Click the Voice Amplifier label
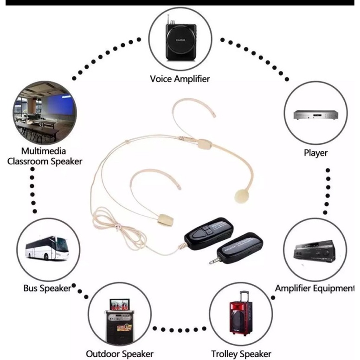(180, 78)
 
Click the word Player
(315, 153)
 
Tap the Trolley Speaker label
(241, 354)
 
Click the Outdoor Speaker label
(119, 354)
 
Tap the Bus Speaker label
(48, 288)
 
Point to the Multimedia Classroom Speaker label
(45, 156)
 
